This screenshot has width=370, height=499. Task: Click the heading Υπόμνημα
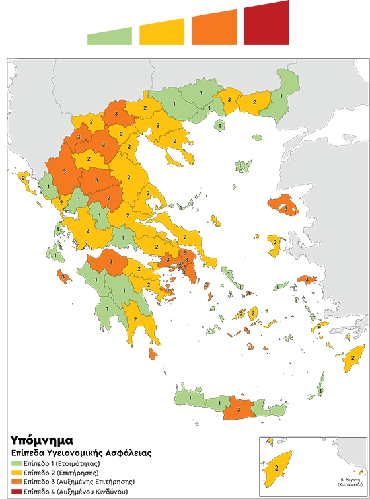41,440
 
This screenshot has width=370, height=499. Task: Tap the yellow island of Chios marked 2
275,244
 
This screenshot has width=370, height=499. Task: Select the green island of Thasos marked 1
219,124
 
